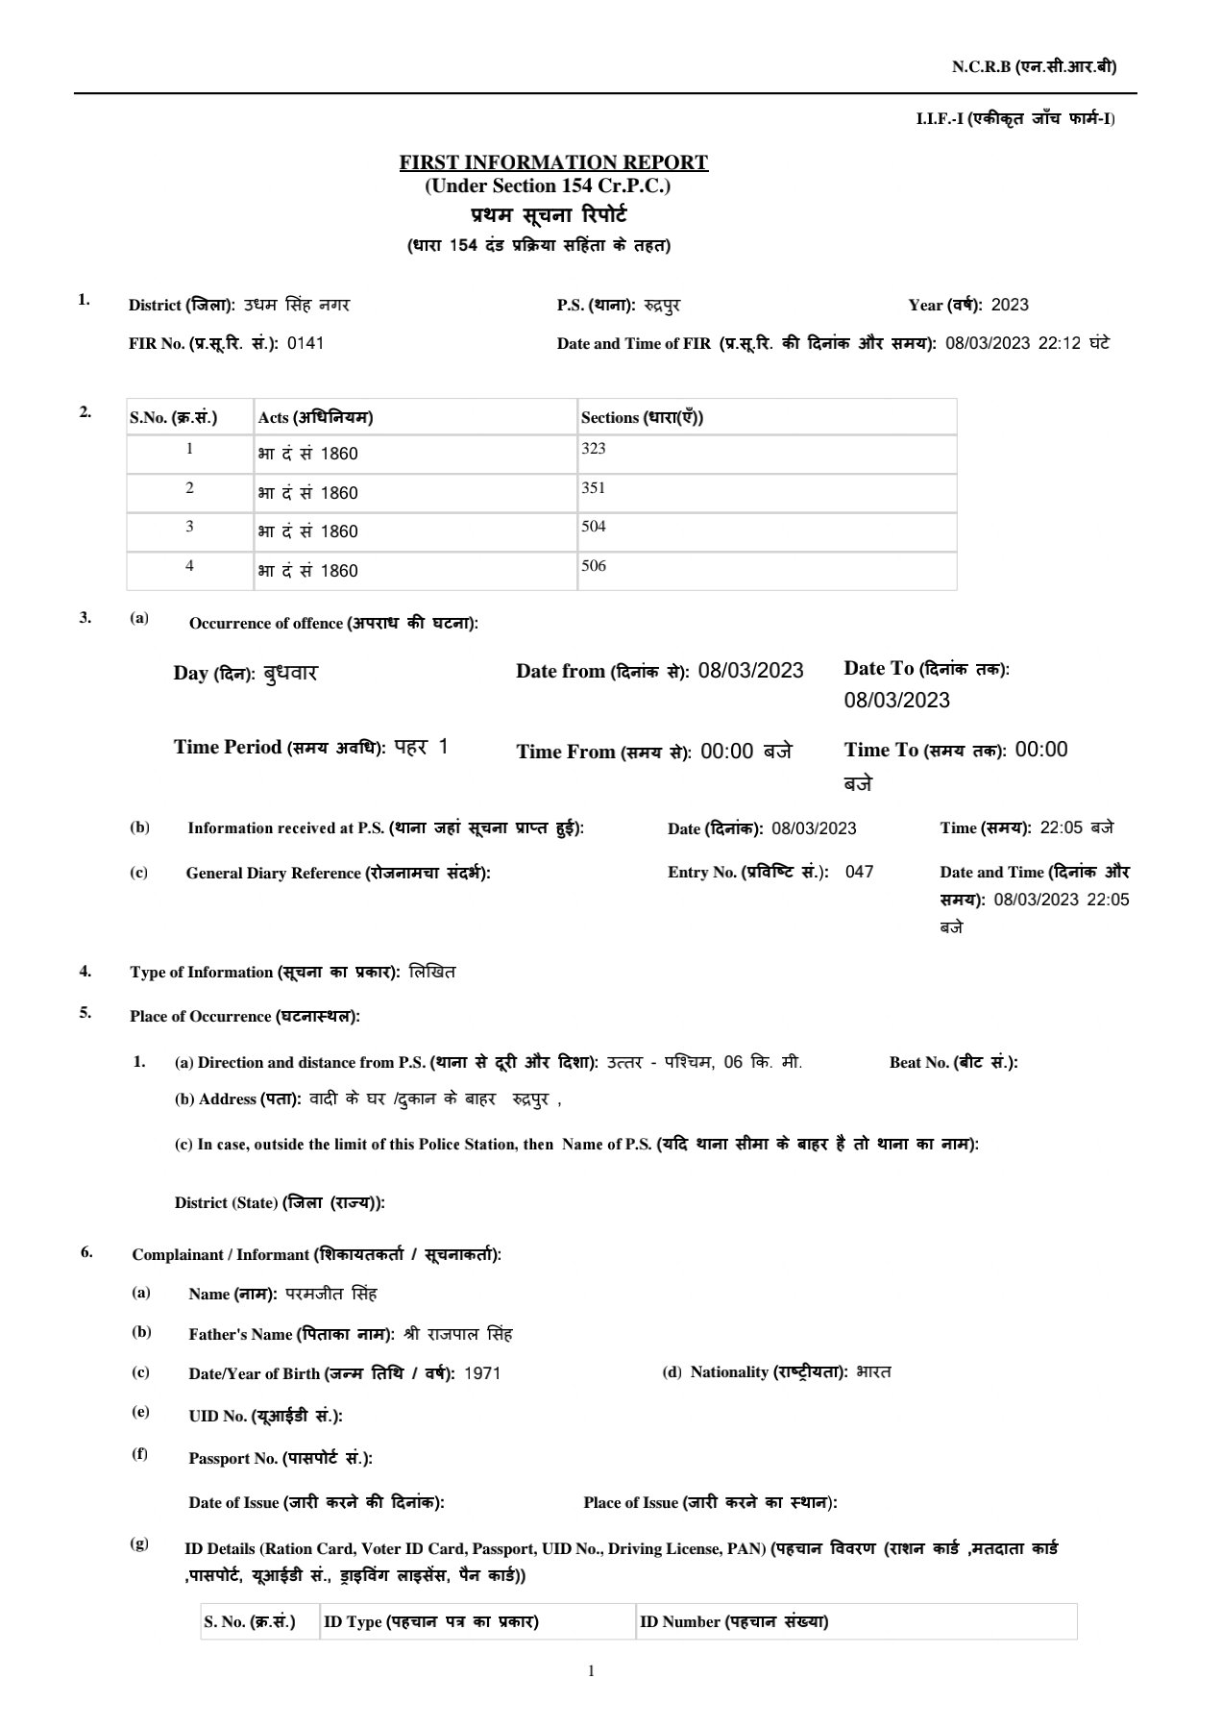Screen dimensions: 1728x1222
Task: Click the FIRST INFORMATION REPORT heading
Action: [553, 162]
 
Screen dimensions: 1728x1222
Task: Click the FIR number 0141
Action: [305, 343]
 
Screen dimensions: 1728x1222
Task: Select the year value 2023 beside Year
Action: [1009, 305]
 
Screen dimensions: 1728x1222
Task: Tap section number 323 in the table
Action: [593, 449]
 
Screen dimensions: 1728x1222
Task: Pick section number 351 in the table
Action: [593, 488]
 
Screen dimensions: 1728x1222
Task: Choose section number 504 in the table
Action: [593, 527]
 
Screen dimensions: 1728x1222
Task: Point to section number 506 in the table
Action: [593, 566]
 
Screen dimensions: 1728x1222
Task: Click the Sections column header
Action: [642, 417]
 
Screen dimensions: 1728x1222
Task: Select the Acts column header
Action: [315, 417]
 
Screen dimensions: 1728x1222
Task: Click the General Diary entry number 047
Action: [859, 872]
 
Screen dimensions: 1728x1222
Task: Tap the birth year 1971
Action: [481, 1373]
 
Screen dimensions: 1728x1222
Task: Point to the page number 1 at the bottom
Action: [591, 1671]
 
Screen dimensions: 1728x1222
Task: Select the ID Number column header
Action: [734, 1621]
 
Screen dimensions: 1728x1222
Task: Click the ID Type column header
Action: [430, 1621]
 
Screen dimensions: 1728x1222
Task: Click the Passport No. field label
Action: [281, 1458]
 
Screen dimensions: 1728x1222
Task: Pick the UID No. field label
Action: [265, 1416]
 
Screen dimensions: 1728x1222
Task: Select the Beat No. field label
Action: [953, 1062]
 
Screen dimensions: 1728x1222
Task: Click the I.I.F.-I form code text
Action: [1015, 118]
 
